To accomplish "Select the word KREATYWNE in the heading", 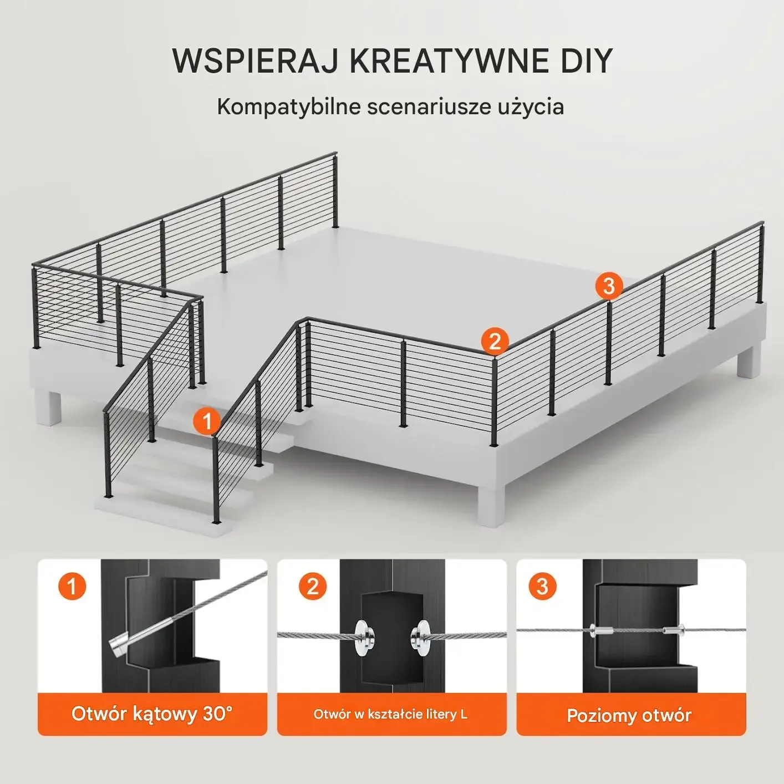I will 447,60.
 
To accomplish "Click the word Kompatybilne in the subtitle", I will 288,106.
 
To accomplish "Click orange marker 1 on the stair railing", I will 207,421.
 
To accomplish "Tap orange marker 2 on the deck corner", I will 495,341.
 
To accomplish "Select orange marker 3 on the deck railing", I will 609,286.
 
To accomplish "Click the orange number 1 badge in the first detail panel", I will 72,586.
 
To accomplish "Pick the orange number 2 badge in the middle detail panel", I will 313,586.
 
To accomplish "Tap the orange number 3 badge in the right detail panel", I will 542,586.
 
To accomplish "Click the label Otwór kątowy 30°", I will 152,714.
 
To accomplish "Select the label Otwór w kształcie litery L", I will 391,714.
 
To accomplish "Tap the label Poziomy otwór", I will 629,715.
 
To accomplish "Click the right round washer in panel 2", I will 420,636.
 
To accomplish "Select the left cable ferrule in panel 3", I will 600,630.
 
